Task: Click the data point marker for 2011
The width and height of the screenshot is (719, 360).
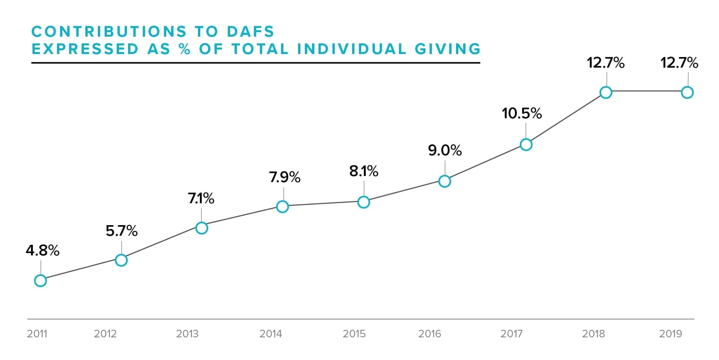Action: click(x=40, y=281)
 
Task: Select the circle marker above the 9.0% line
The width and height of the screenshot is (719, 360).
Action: click(x=445, y=181)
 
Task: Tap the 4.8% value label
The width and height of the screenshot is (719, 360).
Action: click(x=42, y=250)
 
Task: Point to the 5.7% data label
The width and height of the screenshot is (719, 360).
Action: click(x=121, y=231)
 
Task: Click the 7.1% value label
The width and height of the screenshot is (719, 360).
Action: click(x=201, y=198)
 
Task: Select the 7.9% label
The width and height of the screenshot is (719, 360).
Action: click(x=285, y=177)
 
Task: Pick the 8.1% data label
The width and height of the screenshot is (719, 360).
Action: click(x=363, y=172)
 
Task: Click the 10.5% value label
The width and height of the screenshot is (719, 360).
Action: click(x=521, y=113)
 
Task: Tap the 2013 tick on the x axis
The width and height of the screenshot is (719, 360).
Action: click(x=187, y=334)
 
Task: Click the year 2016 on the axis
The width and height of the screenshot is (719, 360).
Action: click(x=430, y=334)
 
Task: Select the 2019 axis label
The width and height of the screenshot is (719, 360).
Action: click(x=670, y=334)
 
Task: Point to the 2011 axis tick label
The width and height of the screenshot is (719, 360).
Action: click(x=37, y=334)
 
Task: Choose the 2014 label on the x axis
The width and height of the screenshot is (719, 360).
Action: click(x=271, y=334)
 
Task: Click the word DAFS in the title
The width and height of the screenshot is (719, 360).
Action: click(x=250, y=32)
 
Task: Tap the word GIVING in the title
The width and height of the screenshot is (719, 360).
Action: click(x=448, y=49)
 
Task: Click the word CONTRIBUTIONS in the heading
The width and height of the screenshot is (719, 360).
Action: click(x=109, y=32)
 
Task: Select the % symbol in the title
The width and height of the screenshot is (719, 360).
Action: click(x=185, y=49)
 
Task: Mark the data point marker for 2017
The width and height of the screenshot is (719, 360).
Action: click(x=526, y=145)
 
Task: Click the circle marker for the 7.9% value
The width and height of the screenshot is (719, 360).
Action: click(x=282, y=207)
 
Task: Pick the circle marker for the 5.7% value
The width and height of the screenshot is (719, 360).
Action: click(x=121, y=260)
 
